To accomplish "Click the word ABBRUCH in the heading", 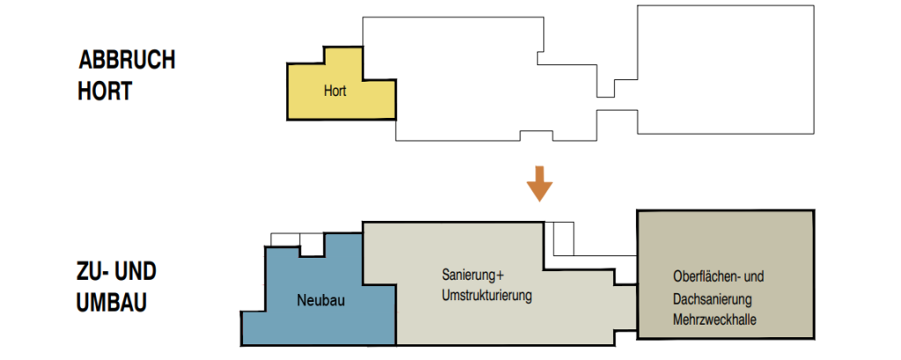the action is [x=127, y=61].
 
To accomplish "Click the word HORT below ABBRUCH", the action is [x=105, y=91].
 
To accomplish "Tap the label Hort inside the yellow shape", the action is [x=335, y=91].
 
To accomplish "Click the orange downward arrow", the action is [x=539, y=184].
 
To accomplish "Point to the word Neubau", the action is [x=320, y=300].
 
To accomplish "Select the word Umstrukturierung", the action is [x=487, y=296].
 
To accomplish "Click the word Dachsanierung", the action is [x=713, y=299].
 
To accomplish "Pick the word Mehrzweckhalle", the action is [x=714, y=320].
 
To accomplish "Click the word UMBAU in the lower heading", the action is [x=112, y=303].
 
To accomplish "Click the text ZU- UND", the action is [x=117, y=272].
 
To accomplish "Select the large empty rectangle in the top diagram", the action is [x=726, y=70].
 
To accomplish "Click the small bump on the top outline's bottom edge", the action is [x=536, y=136].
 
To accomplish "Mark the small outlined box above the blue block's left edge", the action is [x=285, y=239].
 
